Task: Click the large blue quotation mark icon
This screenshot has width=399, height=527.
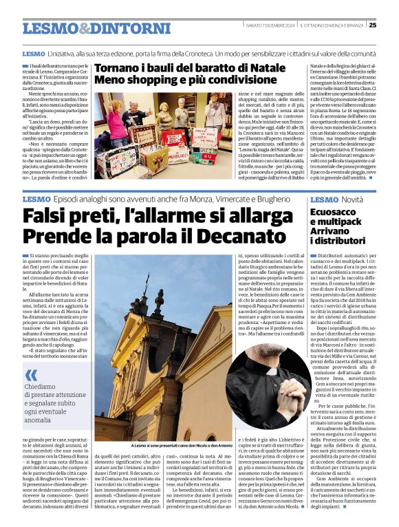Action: tap(31, 374)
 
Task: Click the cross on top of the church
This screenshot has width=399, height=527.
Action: tap(146, 280)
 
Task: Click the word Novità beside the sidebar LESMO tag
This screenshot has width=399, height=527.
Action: tap(352, 199)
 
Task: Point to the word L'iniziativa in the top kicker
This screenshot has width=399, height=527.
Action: tap(67, 53)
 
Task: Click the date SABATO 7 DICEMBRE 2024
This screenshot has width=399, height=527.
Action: tap(269, 25)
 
